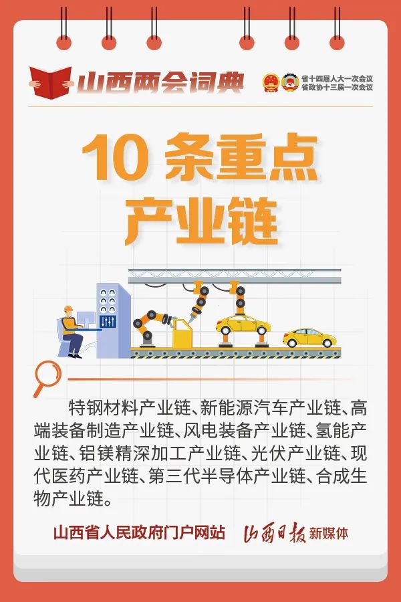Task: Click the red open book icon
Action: [51, 81]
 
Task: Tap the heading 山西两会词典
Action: [160, 82]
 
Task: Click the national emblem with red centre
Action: [271, 82]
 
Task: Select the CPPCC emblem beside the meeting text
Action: [289, 82]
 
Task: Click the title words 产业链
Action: [201, 222]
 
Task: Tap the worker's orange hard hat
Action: [68, 309]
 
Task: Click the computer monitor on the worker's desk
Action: [86, 319]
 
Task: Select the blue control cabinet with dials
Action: [113, 320]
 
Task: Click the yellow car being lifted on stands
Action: [243, 326]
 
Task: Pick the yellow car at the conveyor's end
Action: [309, 338]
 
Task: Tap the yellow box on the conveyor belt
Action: [182, 334]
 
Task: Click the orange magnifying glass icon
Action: [47, 379]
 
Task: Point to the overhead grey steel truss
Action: [235, 276]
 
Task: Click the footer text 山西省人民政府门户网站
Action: [139, 533]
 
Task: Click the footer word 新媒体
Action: [329, 533]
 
